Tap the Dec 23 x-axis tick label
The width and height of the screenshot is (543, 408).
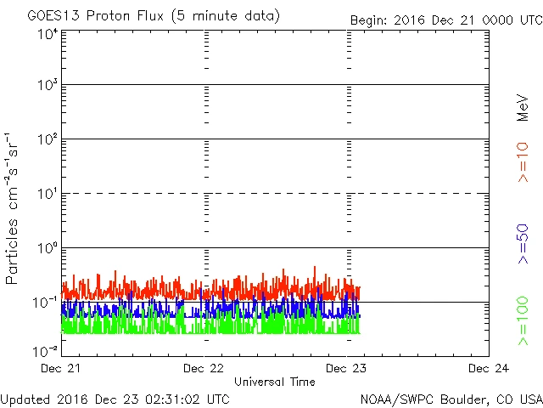347,368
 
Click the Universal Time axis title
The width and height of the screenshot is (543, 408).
275,382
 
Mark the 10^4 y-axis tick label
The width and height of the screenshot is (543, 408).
47,33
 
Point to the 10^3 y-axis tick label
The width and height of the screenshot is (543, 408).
47,86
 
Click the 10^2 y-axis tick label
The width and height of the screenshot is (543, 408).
47,140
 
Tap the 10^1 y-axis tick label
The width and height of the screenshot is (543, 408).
47,195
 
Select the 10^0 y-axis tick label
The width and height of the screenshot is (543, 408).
47,249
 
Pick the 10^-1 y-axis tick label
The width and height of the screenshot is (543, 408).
47,303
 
